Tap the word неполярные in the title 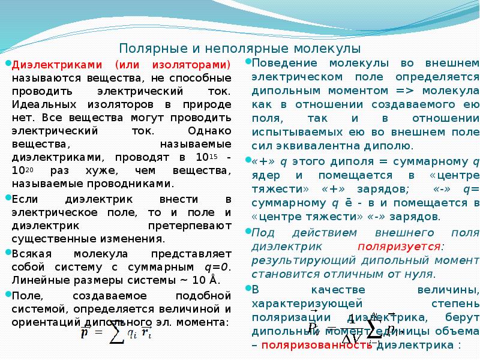[228, 48]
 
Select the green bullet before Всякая [8, 252]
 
